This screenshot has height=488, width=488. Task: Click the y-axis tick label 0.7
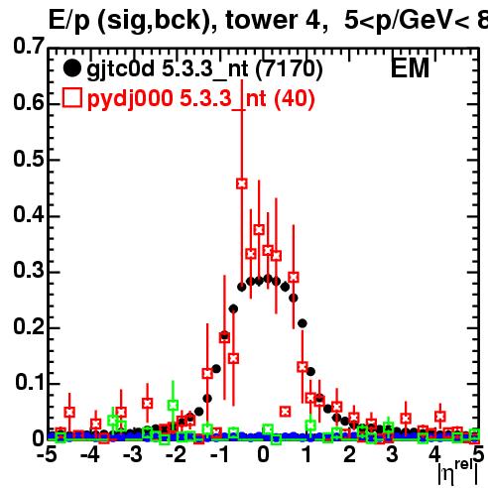pyautogui.click(x=29, y=46)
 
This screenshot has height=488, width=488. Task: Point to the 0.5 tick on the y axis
pyautogui.click(x=29, y=159)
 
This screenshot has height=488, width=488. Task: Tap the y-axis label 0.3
pyautogui.click(x=29, y=270)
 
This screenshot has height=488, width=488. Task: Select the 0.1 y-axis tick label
pyautogui.click(x=30, y=382)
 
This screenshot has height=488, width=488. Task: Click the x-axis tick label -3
pyautogui.click(x=133, y=454)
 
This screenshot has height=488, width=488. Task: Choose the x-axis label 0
pyautogui.click(x=263, y=454)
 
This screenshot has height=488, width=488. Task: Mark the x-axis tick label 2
pyautogui.click(x=349, y=454)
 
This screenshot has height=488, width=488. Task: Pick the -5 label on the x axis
pyautogui.click(x=47, y=454)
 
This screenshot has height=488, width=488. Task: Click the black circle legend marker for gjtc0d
pyautogui.click(x=71, y=68)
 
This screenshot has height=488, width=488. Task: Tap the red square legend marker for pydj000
pyautogui.click(x=72, y=97)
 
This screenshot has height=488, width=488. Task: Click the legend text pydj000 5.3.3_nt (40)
pyautogui.click(x=201, y=99)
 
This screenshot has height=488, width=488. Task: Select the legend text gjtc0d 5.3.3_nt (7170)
pyautogui.click(x=204, y=69)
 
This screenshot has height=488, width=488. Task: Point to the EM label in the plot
pyautogui.click(x=410, y=68)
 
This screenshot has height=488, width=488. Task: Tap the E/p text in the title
pyautogui.click(x=69, y=21)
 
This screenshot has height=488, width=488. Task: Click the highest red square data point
pyautogui.click(x=242, y=183)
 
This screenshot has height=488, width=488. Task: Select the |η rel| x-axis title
pyautogui.click(x=458, y=472)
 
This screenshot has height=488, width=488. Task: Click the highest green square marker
pyautogui.click(x=173, y=405)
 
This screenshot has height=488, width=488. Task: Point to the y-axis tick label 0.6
pyautogui.click(x=29, y=102)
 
